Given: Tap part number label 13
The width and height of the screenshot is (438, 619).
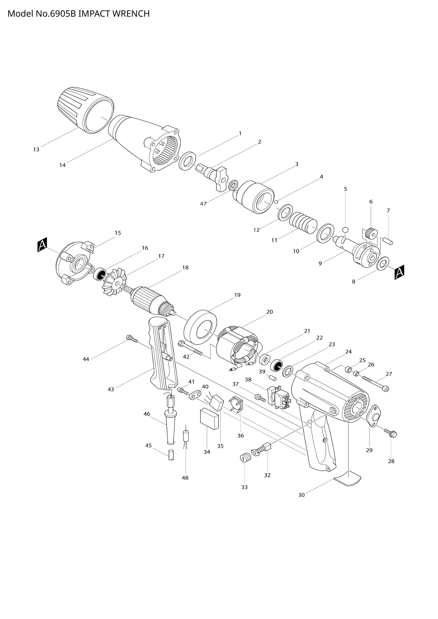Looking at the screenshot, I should [x=36, y=149].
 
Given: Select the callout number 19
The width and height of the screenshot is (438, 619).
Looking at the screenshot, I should [x=237, y=295].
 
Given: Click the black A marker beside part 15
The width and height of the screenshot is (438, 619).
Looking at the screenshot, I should [x=42, y=245].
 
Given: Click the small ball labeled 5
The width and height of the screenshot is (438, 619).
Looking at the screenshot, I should [x=346, y=230].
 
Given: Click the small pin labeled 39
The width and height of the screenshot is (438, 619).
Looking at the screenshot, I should [x=272, y=377].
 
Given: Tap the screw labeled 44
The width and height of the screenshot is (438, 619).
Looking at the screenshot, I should [x=132, y=339].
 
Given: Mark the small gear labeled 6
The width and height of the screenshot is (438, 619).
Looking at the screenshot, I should [x=371, y=233].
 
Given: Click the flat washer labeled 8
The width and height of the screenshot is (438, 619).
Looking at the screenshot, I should [x=383, y=263].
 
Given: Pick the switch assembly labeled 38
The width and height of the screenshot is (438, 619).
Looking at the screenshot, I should [x=279, y=400].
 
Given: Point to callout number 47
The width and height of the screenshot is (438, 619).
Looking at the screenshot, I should [x=203, y=204].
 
